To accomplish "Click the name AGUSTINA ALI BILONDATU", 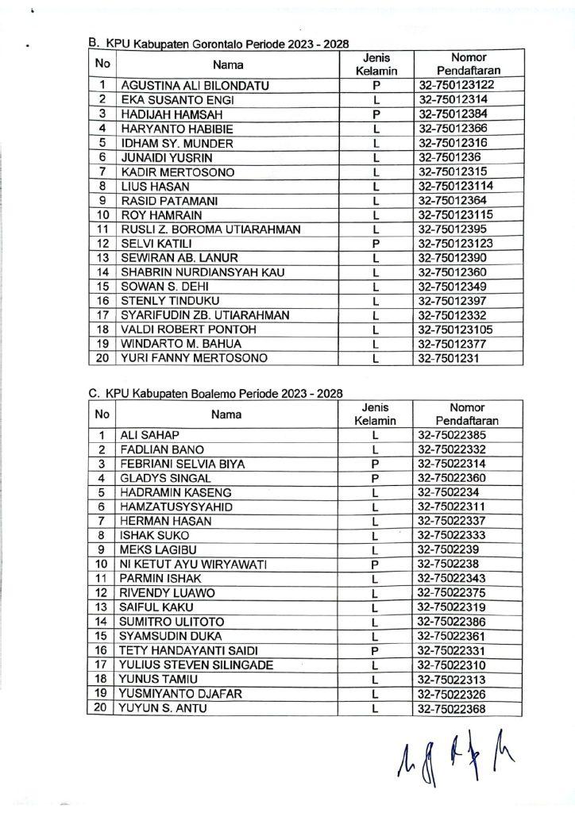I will [x=183, y=85].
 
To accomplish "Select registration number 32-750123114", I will [x=456, y=186].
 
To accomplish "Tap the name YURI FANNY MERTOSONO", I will [x=183, y=358].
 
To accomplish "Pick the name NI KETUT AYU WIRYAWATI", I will [x=193, y=564].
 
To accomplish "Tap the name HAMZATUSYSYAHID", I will [x=164, y=507].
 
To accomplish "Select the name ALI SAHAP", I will [x=149, y=435].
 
